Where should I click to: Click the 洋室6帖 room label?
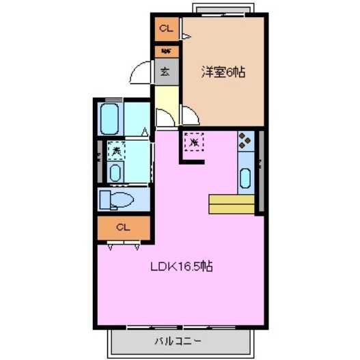[x=223, y=70]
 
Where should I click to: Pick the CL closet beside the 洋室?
[x=166, y=29]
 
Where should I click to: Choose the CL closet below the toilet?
[x=123, y=227]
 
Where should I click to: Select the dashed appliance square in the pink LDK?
[x=195, y=142]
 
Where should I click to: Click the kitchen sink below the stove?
[x=245, y=177]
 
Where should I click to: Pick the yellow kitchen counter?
[x=231, y=204]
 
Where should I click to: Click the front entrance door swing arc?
[x=141, y=72]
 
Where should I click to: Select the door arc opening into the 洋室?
[x=189, y=116]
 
